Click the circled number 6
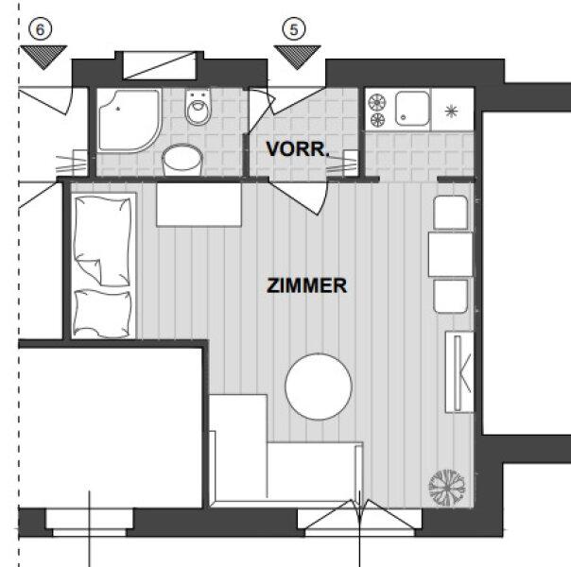pyautogui.click(x=40, y=29)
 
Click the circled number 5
pyautogui.click(x=294, y=29)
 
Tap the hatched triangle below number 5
pyautogui.click(x=297, y=57)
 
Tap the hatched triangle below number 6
pyautogui.click(x=43, y=57)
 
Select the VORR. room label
pyautogui.click(x=298, y=149)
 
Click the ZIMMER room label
pyautogui.click(x=307, y=285)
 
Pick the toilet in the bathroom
pyautogui.click(x=199, y=107)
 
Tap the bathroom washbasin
pyautogui.click(x=182, y=160)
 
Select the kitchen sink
pyautogui.click(x=412, y=109)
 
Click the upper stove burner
pyautogui.click(x=377, y=102)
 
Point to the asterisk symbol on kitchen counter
pyautogui.click(x=451, y=111)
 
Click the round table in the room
pyautogui.click(x=319, y=387)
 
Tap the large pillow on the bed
pyautogui.click(x=102, y=241)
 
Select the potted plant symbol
pyautogui.click(x=447, y=488)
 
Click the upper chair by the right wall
pyautogui.click(x=451, y=213)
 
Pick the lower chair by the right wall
pyautogui.click(x=451, y=296)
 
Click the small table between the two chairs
pyautogui.click(x=450, y=255)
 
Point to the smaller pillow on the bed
pyautogui.click(x=102, y=314)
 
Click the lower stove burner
pyautogui.click(x=377, y=120)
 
